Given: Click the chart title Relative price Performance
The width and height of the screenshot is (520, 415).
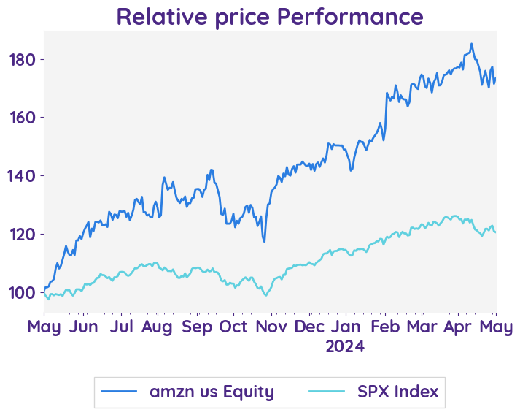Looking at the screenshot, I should coord(269,16).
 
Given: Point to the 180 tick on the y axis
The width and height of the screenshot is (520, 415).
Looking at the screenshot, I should coord(23,59).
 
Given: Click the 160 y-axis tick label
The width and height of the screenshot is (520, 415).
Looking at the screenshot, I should coord(23,118).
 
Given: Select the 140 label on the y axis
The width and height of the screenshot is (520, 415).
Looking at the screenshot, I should coord(23,176).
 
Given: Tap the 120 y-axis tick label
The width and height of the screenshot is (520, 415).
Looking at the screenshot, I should coord(23,235).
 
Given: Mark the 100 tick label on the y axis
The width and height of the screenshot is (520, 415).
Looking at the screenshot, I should coord(23,293).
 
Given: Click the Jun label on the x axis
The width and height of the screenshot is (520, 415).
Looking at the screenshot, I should coord(83,327).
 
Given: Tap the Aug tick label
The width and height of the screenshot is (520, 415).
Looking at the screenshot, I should coord(157,327).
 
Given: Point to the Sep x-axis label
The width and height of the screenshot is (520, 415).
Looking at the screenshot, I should coord(196,327).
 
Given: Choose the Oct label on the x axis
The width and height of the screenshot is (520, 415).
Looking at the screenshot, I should coord(233,327).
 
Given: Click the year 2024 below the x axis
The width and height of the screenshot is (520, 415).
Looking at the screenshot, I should coord(345,346).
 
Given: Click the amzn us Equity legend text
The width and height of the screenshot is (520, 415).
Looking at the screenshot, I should coord(212,392).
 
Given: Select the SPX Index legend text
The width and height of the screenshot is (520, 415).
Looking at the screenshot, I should coord(397,392).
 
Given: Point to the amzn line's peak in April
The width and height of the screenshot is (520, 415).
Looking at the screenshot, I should coord(471,44).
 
